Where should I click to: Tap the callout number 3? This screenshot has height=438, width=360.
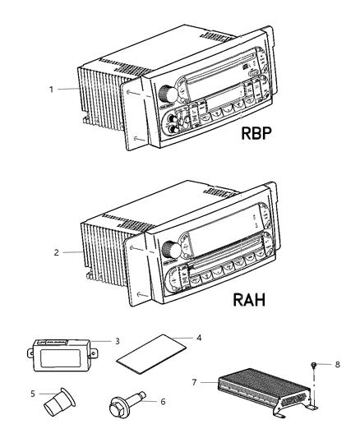pos(118,340)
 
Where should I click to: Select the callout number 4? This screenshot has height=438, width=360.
pos(197,336)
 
